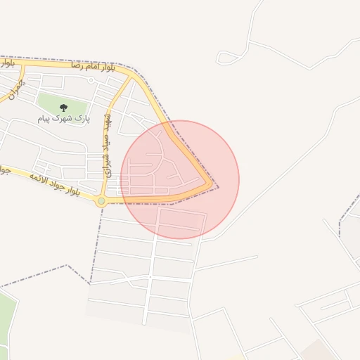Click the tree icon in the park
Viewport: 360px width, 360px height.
64,108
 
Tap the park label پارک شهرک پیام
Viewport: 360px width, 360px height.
64,120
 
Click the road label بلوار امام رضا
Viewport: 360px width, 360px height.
92,66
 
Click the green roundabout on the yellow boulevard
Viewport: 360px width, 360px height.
101,201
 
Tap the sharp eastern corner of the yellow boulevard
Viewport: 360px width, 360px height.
211,185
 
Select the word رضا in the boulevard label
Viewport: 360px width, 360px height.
77,65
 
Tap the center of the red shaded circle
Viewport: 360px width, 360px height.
180,179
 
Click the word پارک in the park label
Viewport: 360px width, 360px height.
84,120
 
